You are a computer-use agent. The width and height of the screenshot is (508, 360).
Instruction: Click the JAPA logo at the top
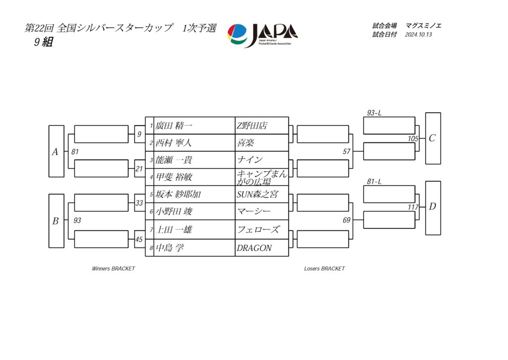tap(262, 35)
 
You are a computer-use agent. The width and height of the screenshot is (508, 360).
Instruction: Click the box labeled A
tap(57, 151)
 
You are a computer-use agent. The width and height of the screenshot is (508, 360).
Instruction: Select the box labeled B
tap(57, 221)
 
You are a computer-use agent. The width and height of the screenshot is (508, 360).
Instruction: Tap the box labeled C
tap(433, 139)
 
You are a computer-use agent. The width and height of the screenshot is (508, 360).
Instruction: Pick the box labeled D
tap(433, 208)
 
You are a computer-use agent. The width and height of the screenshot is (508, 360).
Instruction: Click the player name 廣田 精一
tap(174, 126)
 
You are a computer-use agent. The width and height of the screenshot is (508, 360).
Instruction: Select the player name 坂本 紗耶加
tap(178, 194)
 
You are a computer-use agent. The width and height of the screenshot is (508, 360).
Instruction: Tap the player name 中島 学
tap(170, 248)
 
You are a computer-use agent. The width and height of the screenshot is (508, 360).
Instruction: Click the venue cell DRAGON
tap(254, 248)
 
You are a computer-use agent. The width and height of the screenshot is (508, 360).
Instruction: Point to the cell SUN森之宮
tap(257, 194)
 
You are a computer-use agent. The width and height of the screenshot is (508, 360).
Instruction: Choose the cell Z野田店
tap(252, 126)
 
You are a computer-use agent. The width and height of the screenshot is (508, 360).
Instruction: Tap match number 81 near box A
tap(75, 151)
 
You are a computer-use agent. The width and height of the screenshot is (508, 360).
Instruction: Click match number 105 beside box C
tap(413, 139)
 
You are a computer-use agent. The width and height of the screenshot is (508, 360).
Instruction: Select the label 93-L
tap(374, 113)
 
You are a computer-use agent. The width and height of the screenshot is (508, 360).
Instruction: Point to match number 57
tap(347, 151)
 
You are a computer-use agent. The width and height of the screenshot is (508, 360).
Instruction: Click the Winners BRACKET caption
tap(114, 269)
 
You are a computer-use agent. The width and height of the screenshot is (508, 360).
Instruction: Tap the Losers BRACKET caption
tap(324, 269)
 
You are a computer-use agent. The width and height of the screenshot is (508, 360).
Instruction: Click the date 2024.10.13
tap(418, 35)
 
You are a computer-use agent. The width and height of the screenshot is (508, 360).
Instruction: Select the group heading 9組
tap(44, 42)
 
